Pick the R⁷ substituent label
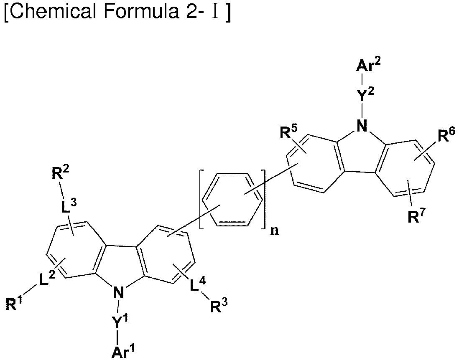(x=416, y=216)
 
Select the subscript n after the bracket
(x=274, y=231)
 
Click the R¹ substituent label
(x=14, y=303)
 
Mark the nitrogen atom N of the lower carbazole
(x=118, y=292)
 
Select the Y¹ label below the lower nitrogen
(x=120, y=321)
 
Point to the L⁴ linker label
(x=198, y=284)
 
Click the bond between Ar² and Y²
(x=362, y=79)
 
